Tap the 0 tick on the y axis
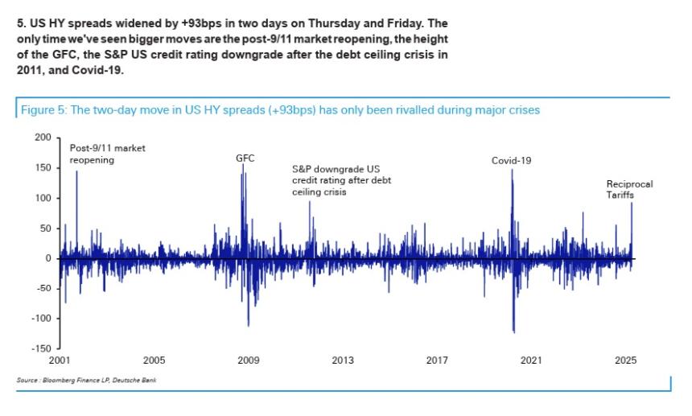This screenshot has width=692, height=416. click(x=47, y=258)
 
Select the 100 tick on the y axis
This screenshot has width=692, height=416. click(x=43, y=198)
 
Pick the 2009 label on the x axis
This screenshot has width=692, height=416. click(x=248, y=361)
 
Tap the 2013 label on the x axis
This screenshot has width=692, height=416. click(x=342, y=361)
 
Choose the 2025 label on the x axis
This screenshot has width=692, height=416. click(x=624, y=361)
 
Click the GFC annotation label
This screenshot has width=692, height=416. click(x=245, y=159)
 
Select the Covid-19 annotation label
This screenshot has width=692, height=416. click(x=512, y=161)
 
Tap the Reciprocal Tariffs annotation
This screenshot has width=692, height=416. click(x=629, y=189)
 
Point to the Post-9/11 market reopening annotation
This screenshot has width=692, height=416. click(x=101, y=154)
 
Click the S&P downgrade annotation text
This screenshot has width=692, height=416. click(x=341, y=181)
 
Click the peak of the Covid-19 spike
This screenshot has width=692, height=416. click(x=511, y=170)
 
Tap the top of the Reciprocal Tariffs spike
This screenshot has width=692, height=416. click(x=632, y=203)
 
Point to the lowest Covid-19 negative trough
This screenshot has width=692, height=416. click(x=513, y=332)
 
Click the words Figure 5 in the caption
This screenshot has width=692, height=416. click(x=42, y=110)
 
